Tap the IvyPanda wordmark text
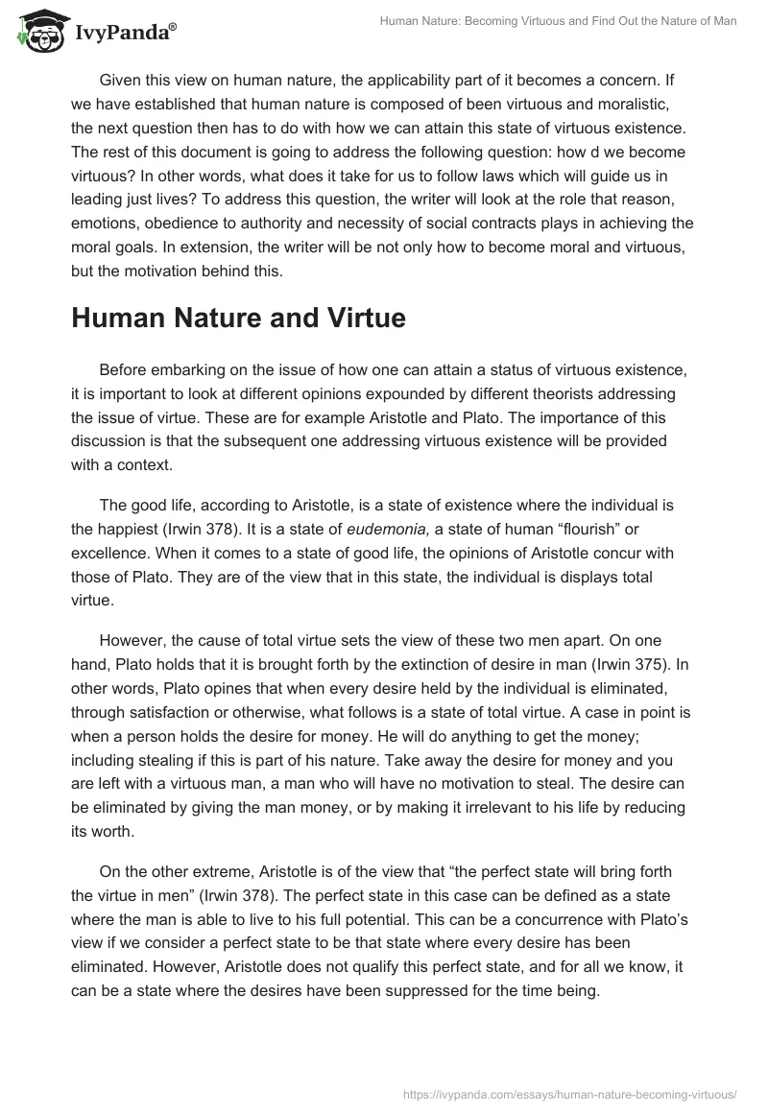point(124,35)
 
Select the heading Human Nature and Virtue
point(238,320)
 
